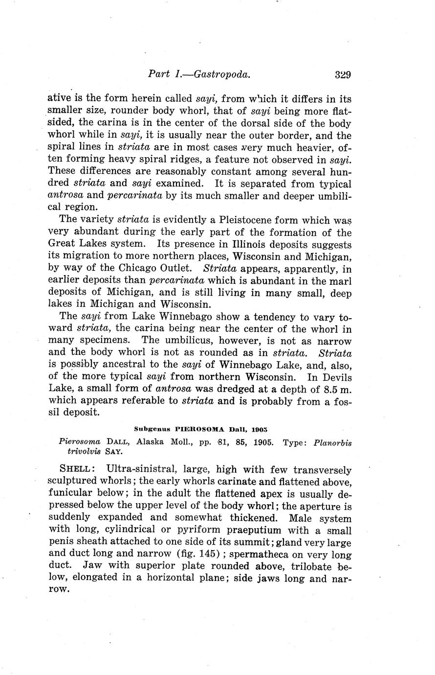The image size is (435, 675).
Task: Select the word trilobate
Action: tap(306, 566)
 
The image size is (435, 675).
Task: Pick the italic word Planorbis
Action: tap(332, 442)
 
